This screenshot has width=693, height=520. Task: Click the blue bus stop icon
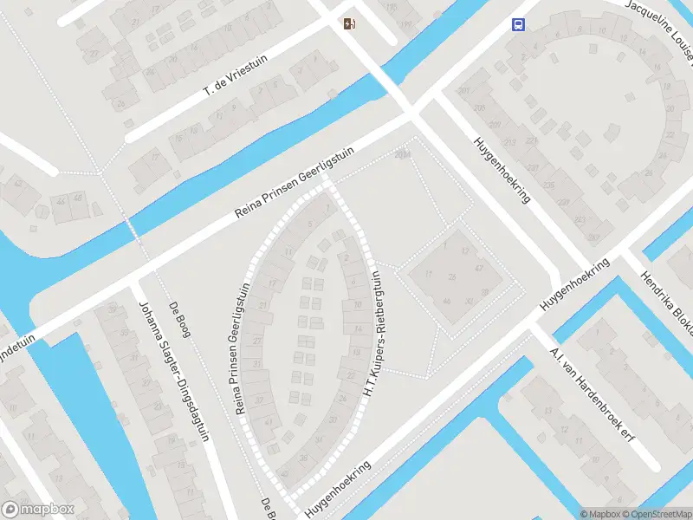click(x=518, y=24)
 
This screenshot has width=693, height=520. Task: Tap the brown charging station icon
click(x=349, y=23)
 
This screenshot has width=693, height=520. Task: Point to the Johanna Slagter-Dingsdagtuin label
click(x=174, y=371)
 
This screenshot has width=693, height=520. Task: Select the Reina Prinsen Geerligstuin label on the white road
click(x=296, y=186)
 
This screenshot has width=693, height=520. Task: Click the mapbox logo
click(x=39, y=510)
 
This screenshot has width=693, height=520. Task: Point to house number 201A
click(x=402, y=155)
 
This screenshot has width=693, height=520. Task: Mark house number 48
click(x=78, y=198)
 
